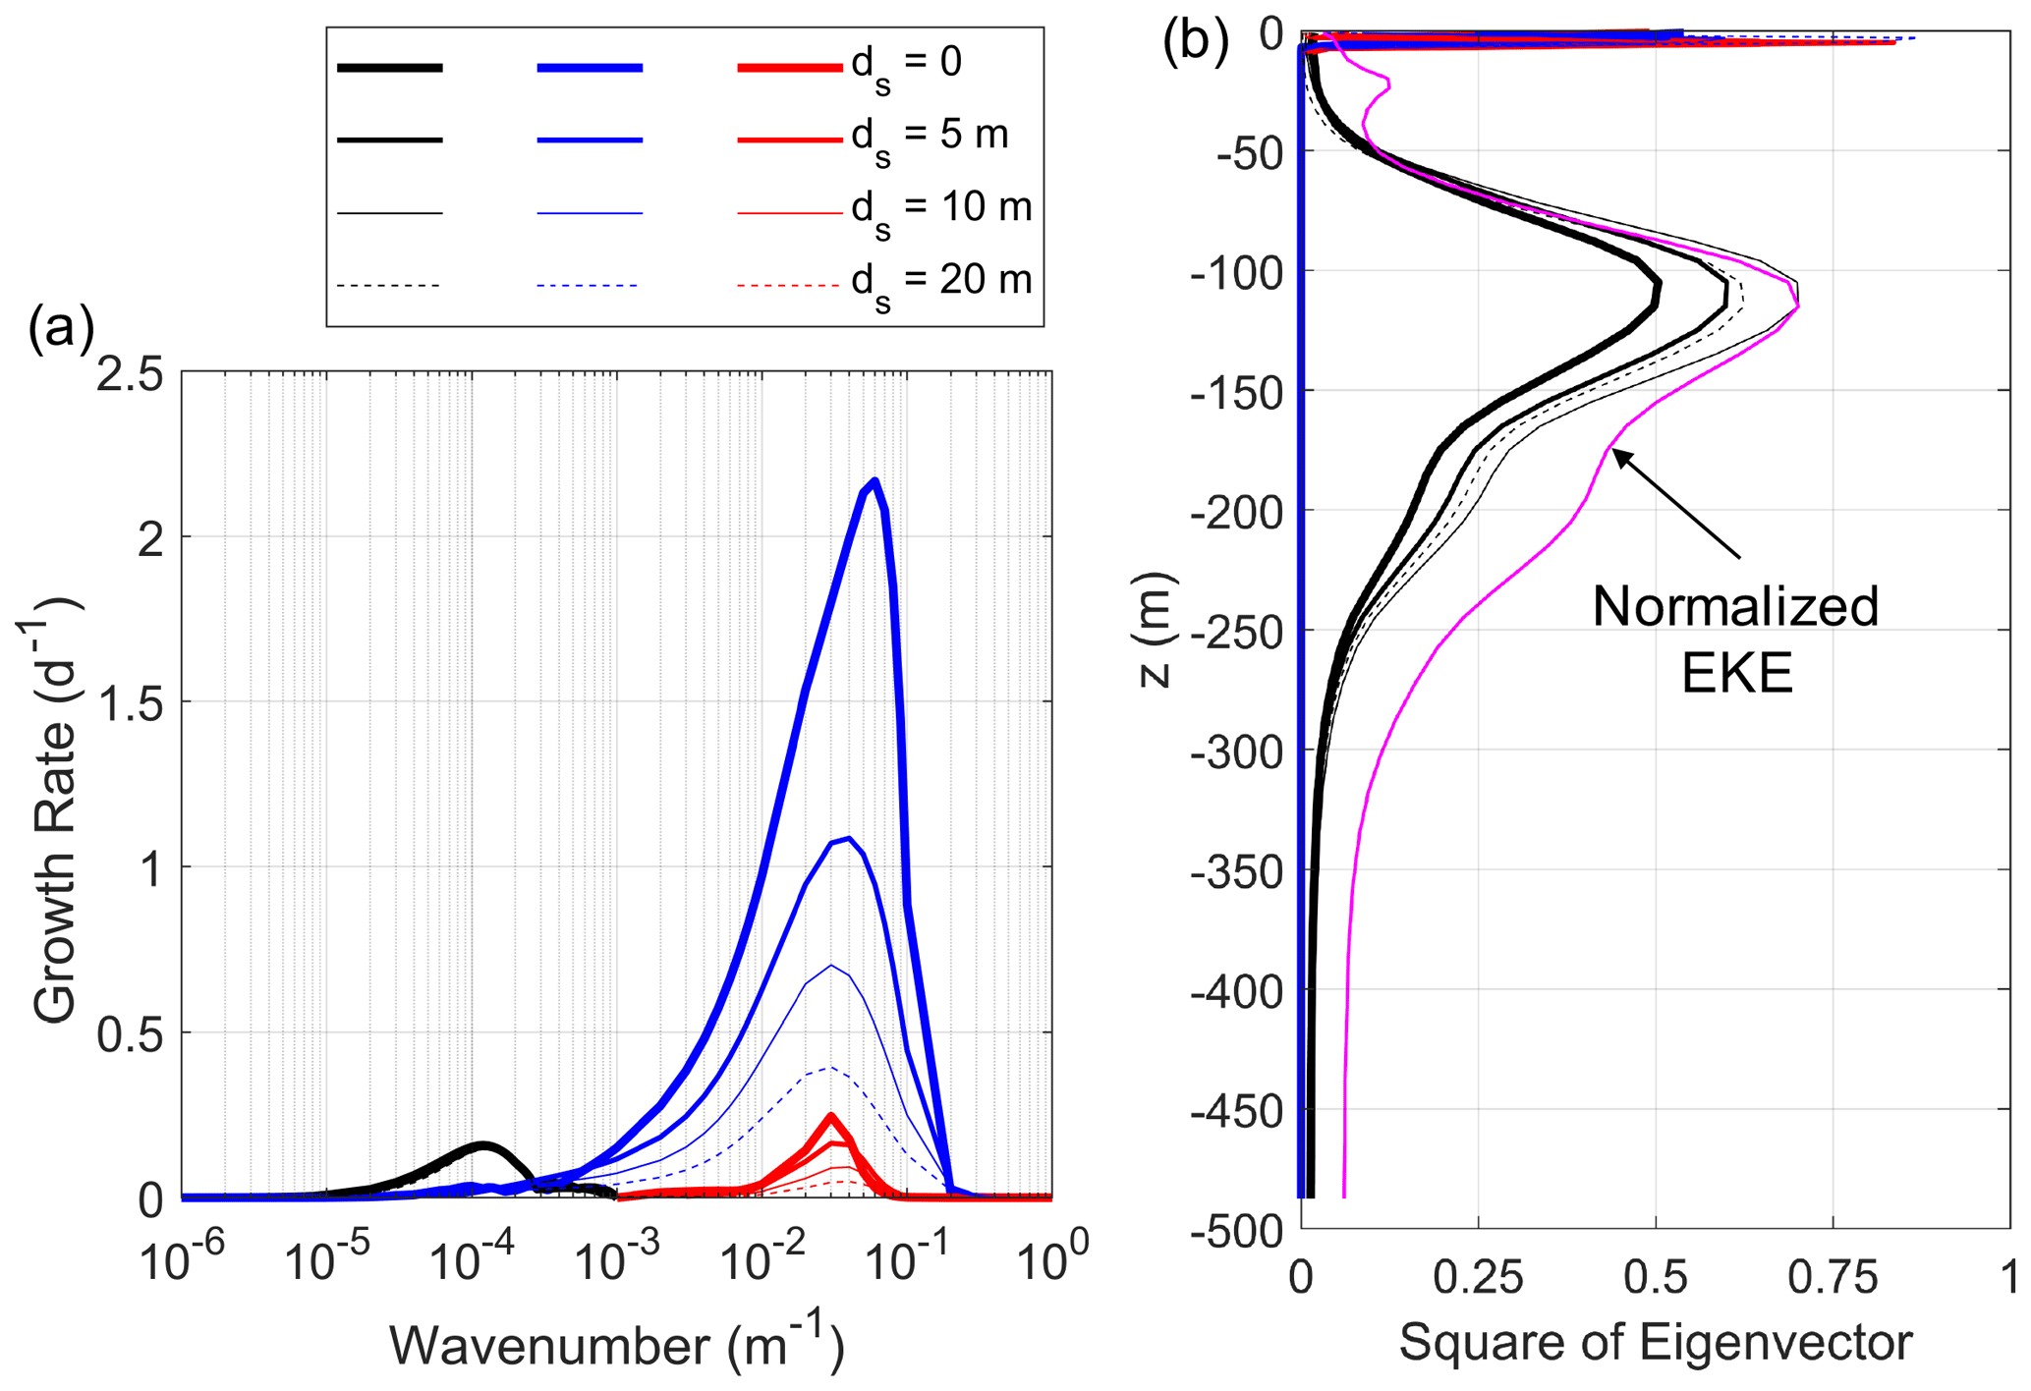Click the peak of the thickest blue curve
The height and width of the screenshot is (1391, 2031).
874,480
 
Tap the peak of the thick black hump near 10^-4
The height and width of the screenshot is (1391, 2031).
483,1144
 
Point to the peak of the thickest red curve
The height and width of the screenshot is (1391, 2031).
831,1116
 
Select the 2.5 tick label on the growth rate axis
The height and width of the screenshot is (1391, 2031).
129,377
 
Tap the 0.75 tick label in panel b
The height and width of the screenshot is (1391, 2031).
1833,1278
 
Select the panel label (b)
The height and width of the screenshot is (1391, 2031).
1195,42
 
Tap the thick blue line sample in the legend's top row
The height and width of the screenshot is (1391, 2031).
590,68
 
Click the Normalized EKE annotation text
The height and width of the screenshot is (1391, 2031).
1736,639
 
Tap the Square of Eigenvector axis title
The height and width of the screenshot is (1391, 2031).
1655,1342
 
